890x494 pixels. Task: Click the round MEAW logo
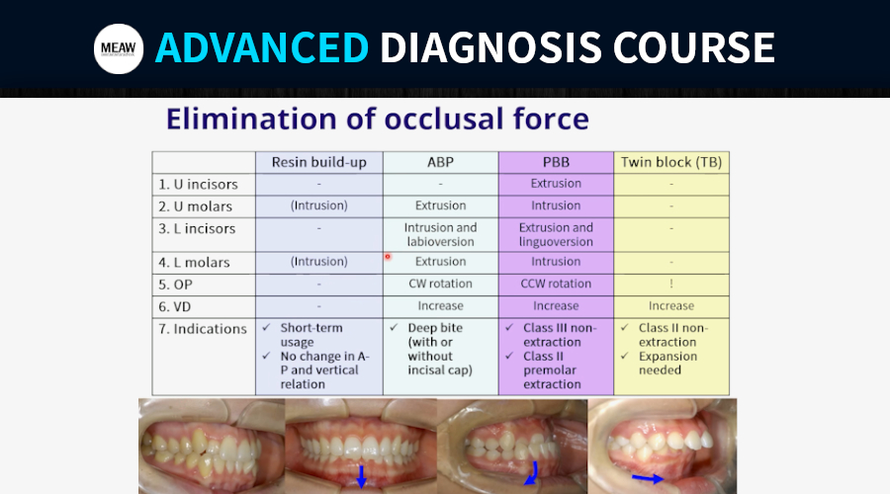pos(119,48)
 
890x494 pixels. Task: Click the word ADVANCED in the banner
pos(262,47)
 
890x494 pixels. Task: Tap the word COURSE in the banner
pos(693,47)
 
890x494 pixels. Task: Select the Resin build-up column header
pos(319,162)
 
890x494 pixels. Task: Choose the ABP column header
pos(440,162)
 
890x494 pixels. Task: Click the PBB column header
pos(556,162)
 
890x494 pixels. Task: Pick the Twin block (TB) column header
pos(671,162)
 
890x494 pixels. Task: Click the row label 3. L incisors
pos(197,228)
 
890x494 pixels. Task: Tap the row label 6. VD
pos(175,307)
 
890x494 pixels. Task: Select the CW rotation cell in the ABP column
pos(440,284)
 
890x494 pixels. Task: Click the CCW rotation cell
pos(556,284)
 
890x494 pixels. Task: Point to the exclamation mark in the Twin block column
pos(671,284)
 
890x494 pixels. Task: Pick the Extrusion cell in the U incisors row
pos(556,183)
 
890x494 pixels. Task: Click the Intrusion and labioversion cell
pos(440,234)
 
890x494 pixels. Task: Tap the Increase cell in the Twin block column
pos(671,305)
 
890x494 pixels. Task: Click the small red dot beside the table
pos(388,257)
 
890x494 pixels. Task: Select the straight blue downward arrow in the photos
pos(361,476)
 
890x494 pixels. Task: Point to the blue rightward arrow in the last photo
pos(648,479)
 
